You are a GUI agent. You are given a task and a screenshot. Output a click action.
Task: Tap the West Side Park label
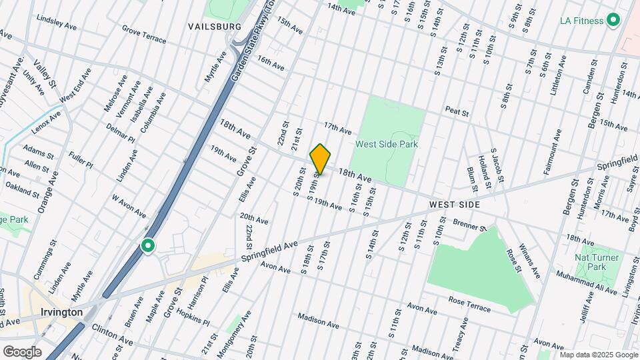[386, 144]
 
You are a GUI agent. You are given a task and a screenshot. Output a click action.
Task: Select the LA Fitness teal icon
[613, 21]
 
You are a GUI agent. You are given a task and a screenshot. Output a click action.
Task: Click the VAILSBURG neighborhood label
[215, 26]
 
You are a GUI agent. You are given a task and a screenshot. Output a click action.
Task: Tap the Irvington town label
[60, 312]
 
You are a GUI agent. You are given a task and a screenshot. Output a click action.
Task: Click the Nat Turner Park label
[597, 262]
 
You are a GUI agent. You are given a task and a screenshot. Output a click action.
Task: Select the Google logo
[21, 351]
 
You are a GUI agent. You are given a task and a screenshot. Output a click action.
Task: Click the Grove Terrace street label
[144, 34]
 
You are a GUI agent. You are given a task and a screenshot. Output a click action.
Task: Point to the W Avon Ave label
[129, 205]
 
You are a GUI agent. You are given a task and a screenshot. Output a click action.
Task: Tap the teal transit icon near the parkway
[147, 247]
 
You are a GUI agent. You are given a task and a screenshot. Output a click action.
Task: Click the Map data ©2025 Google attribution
[599, 355]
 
